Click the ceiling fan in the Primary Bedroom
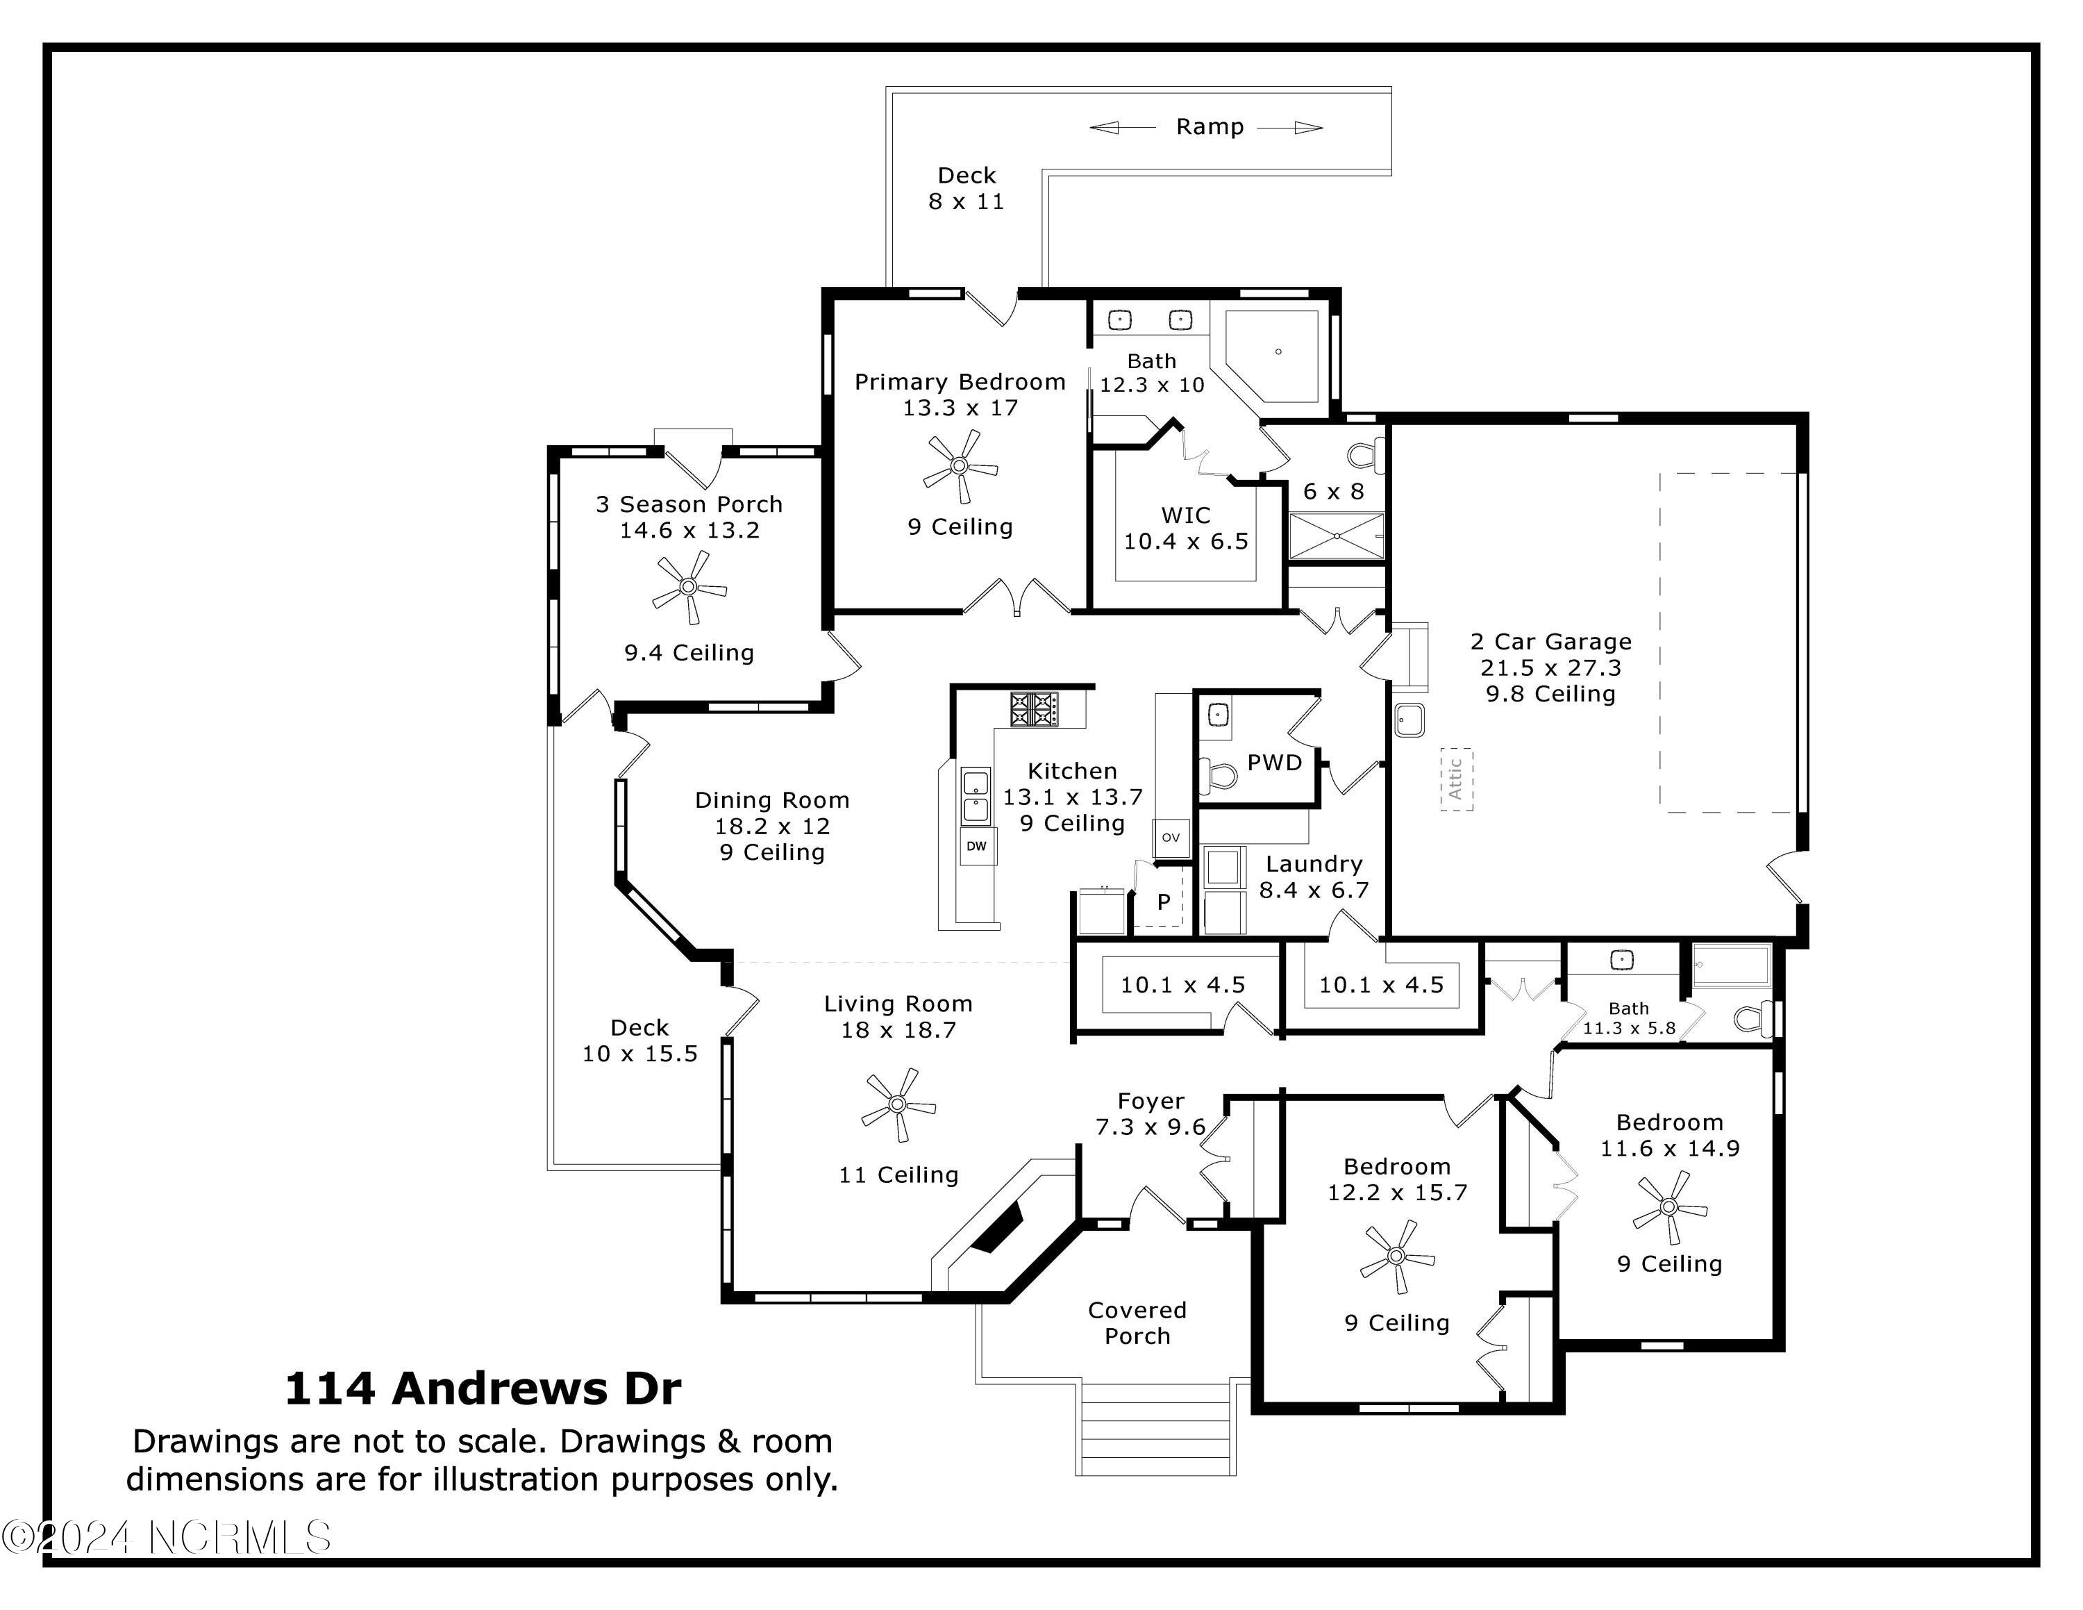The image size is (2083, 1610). (x=960, y=467)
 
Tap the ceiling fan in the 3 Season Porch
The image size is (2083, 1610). (x=689, y=588)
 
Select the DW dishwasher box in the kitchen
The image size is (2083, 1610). (x=977, y=846)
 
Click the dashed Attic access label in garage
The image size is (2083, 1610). (x=1455, y=779)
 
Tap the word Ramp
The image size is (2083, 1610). (x=1210, y=127)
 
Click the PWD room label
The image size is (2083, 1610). (x=1274, y=763)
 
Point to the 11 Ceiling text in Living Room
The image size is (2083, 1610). (x=898, y=1175)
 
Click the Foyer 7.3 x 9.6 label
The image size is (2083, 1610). (x=1151, y=1114)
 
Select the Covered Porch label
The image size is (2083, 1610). (x=1137, y=1323)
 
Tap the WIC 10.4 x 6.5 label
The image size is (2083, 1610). (x=1185, y=529)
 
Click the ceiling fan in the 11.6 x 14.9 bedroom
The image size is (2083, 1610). (x=1668, y=1207)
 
